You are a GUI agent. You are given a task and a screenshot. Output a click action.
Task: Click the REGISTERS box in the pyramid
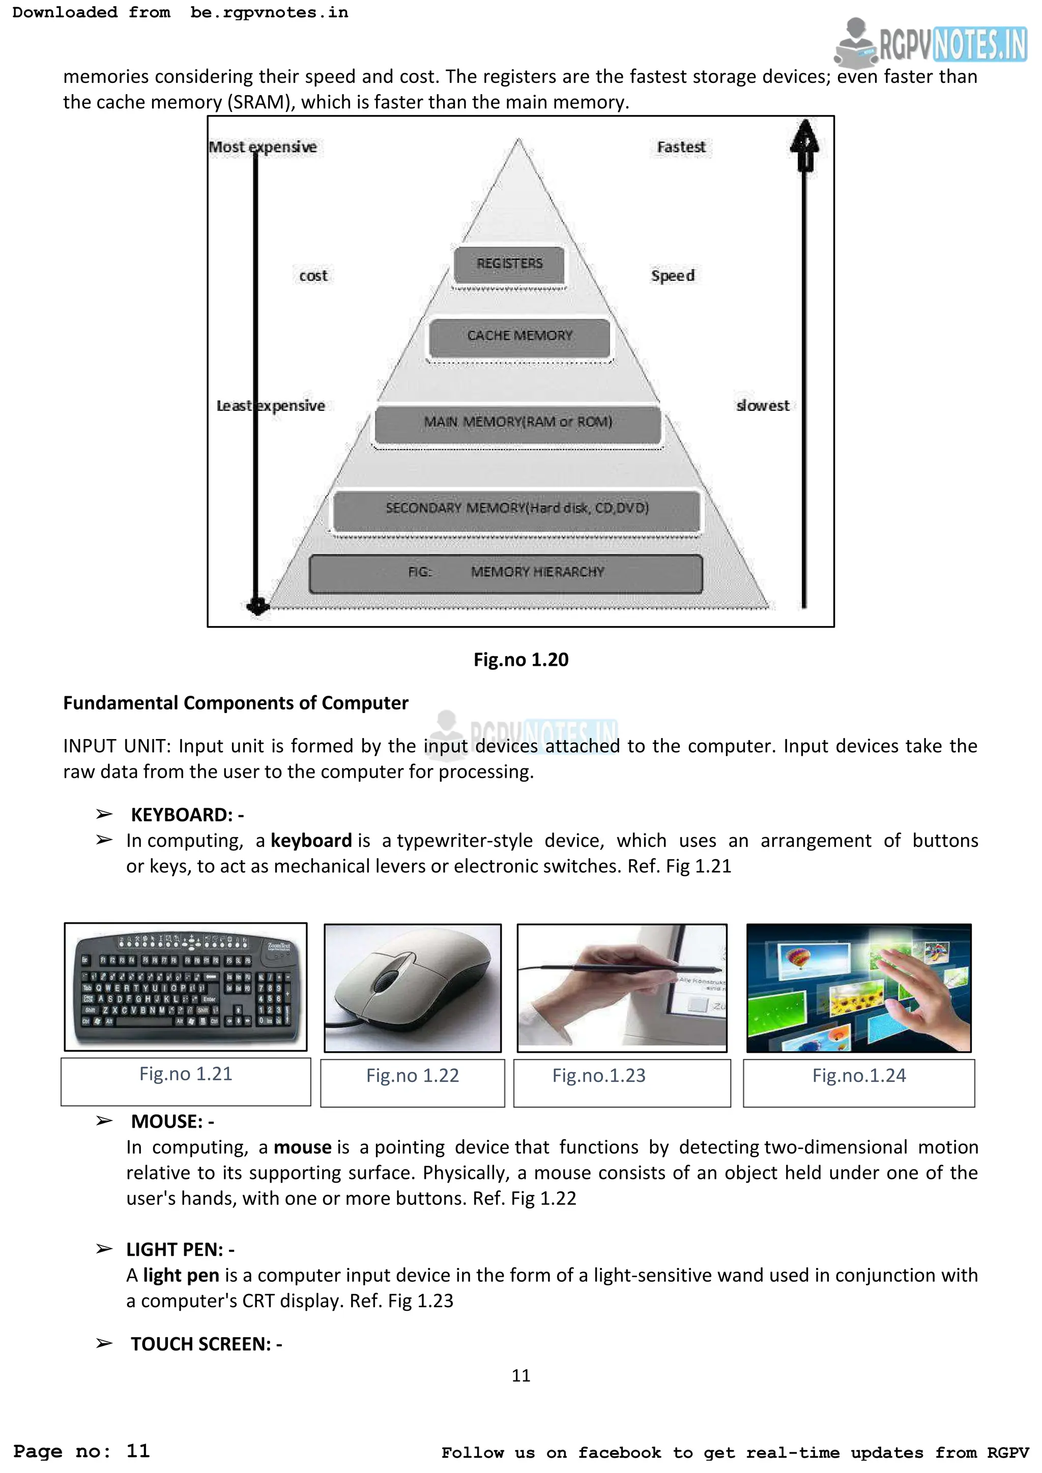[509, 264]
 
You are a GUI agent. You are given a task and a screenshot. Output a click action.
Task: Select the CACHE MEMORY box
[519, 337]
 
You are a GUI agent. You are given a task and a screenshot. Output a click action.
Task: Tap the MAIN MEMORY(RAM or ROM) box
[518, 423]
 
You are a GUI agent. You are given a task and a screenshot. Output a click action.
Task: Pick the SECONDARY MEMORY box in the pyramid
[517, 509]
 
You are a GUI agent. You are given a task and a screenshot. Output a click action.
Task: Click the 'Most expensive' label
[263, 147]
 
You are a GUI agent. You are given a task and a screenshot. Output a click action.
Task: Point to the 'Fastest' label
[681, 147]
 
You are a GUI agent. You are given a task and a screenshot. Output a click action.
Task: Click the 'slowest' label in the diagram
[762, 405]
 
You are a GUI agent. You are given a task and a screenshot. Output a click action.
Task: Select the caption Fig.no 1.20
[521, 660]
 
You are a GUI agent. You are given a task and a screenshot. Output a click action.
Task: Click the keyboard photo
[186, 987]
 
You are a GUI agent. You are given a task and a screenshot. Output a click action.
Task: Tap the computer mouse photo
[413, 988]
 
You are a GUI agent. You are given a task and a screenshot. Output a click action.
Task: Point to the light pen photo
[622, 988]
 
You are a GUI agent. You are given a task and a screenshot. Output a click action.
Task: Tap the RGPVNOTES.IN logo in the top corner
[932, 44]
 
